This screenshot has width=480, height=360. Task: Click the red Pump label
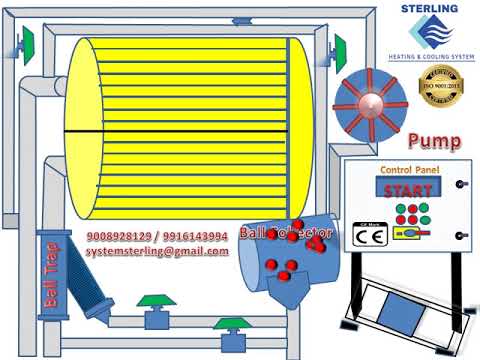point(434,141)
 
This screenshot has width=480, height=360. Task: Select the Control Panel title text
point(409,171)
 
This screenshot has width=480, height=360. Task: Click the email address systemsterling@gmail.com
point(157,251)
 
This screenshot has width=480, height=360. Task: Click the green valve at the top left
point(27,41)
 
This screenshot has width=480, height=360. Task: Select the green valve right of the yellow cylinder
point(340,46)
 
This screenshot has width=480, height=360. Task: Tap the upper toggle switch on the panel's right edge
point(461,184)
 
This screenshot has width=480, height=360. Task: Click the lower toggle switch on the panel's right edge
point(461,236)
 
